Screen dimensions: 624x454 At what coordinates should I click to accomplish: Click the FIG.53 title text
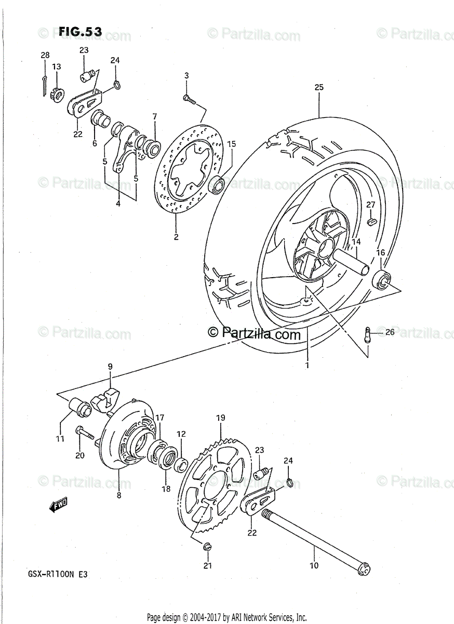click(x=79, y=32)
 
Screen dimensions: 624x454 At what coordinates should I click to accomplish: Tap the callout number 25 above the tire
click(x=318, y=87)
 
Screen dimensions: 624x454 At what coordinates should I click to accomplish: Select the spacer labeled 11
click(x=80, y=408)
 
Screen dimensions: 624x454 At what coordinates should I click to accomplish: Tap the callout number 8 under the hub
click(x=119, y=496)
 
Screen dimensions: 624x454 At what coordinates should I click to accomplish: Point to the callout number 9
click(x=110, y=367)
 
